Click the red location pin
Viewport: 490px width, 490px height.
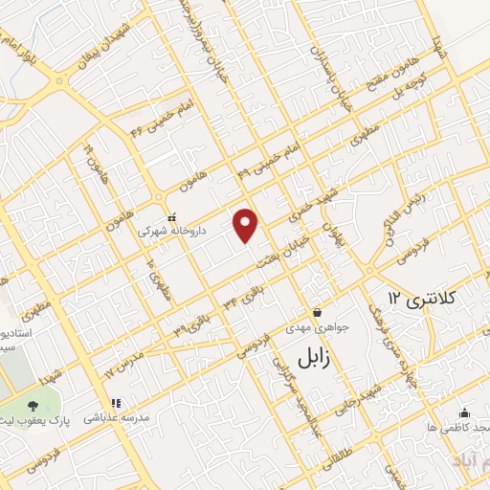point(248,224)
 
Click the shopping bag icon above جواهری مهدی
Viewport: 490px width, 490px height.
point(317,313)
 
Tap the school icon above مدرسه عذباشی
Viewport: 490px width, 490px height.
point(115,404)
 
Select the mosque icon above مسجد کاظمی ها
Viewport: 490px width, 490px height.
point(464,414)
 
